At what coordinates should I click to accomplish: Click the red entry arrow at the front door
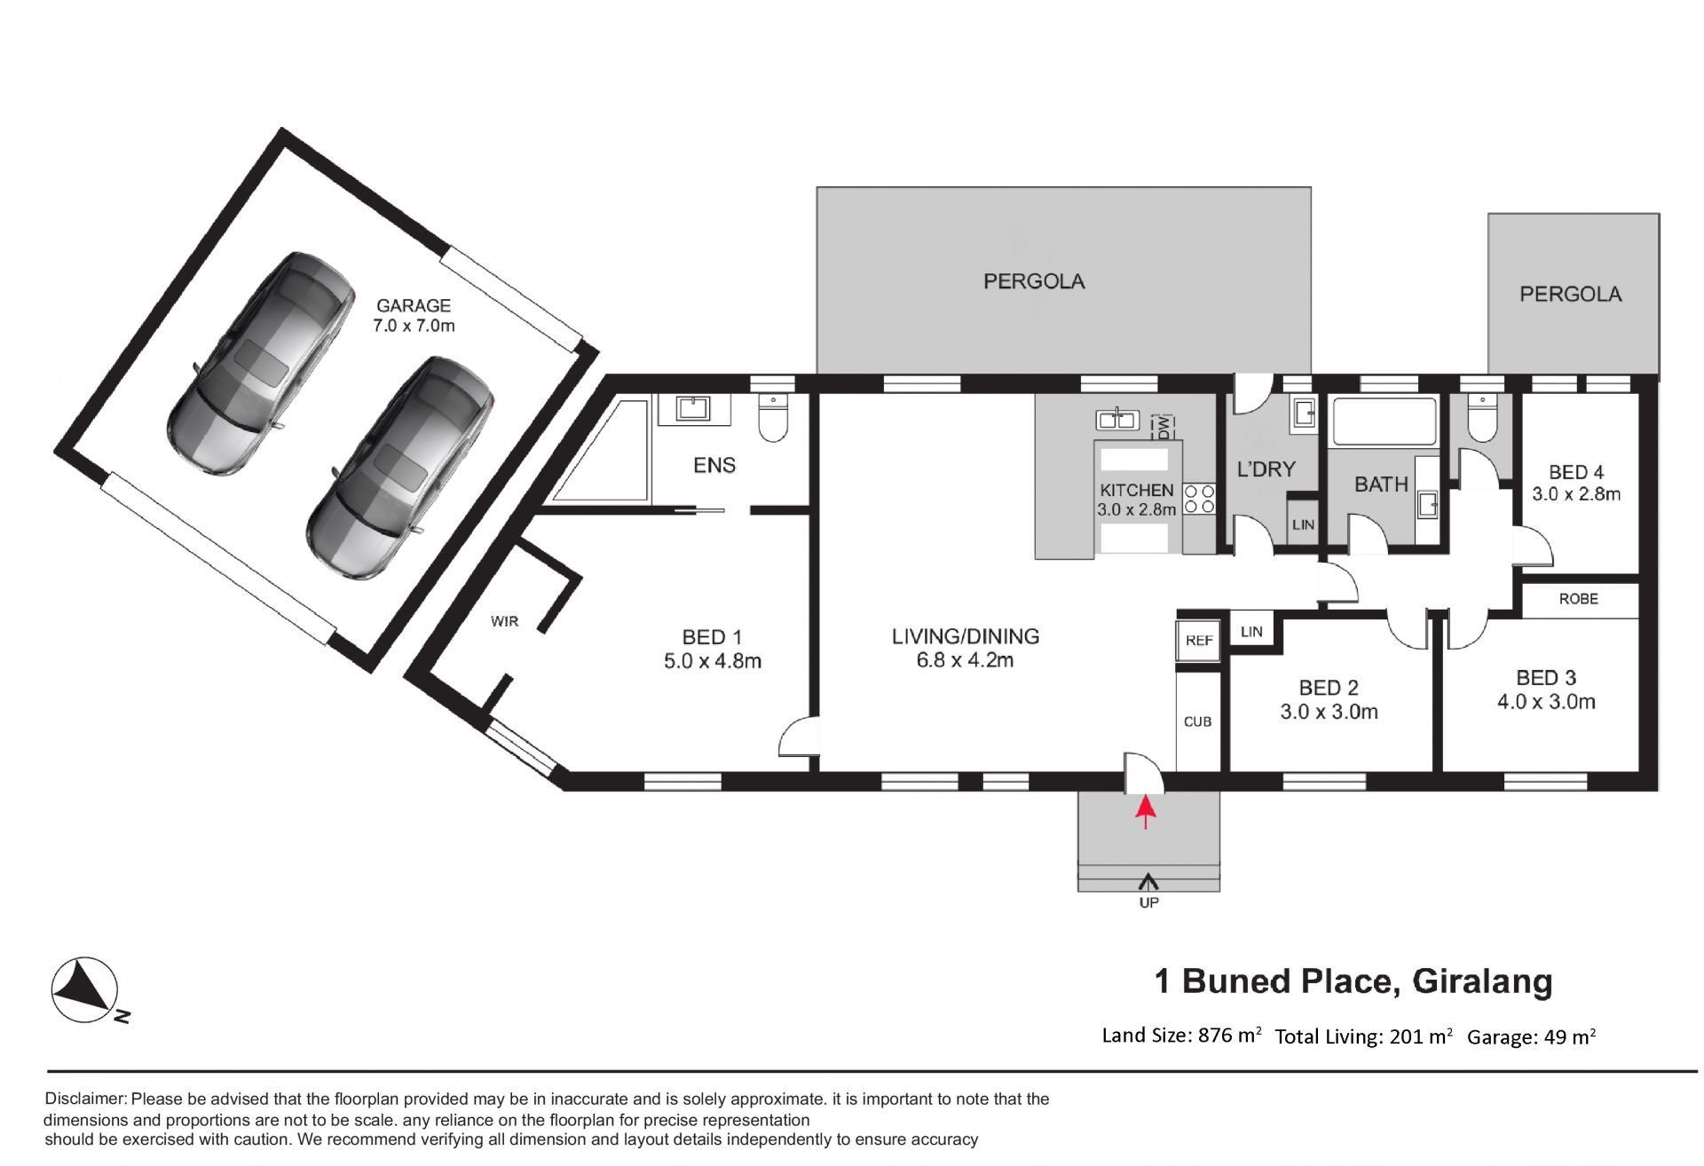click(x=1146, y=812)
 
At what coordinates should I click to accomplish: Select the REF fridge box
click(x=1199, y=641)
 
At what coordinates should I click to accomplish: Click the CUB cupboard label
click(x=1197, y=721)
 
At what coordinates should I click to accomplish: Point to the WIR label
click(x=504, y=621)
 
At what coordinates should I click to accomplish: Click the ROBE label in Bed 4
click(x=1578, y=599)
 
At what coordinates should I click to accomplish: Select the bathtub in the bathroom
click(x=1384, y=421)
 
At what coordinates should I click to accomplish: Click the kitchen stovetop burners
click(x=1199, y=499)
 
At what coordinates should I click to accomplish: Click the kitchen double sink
click(x=1117, y=418)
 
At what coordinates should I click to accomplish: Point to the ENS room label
click(x=714, y=465)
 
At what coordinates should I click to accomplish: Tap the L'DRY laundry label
click(x=1266, y=469)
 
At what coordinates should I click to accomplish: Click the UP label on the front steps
click(x=1148, y=902)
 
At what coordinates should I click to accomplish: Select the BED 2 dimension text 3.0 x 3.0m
click(x=1329, y=712)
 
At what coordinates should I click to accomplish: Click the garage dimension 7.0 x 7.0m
click(x=414, y=326)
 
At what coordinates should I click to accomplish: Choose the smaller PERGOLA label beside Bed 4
click(x=1570, y=295)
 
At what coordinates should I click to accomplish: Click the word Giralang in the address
click(x=1482, y=982)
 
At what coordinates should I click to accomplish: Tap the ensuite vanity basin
click(x=692, y=408)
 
